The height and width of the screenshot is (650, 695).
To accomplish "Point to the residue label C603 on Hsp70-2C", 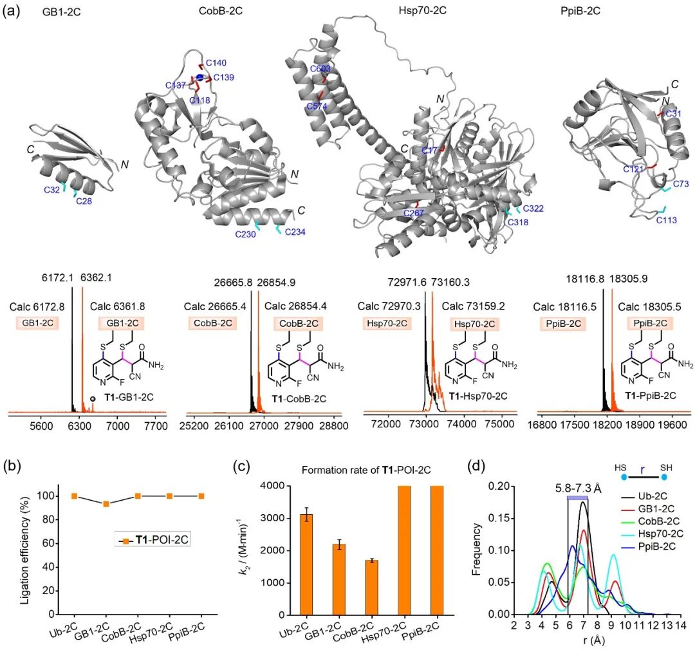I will (320, 69).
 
